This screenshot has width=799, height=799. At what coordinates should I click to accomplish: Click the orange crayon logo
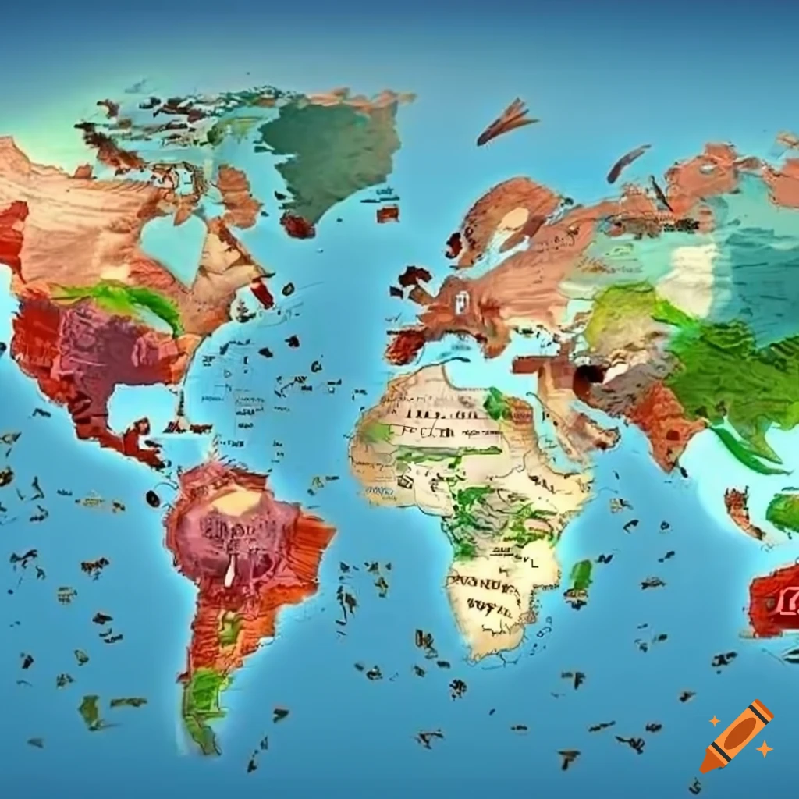(737, 736)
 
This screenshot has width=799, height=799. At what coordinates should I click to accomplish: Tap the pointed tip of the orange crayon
(705, 767)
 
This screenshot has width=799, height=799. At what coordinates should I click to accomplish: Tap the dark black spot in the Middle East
(589, 375)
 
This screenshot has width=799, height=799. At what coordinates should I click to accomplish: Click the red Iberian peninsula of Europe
(406, 346)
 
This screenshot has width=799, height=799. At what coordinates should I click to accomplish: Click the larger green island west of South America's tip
(90, 709)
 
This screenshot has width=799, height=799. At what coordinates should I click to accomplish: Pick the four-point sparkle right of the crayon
(764, 748)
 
